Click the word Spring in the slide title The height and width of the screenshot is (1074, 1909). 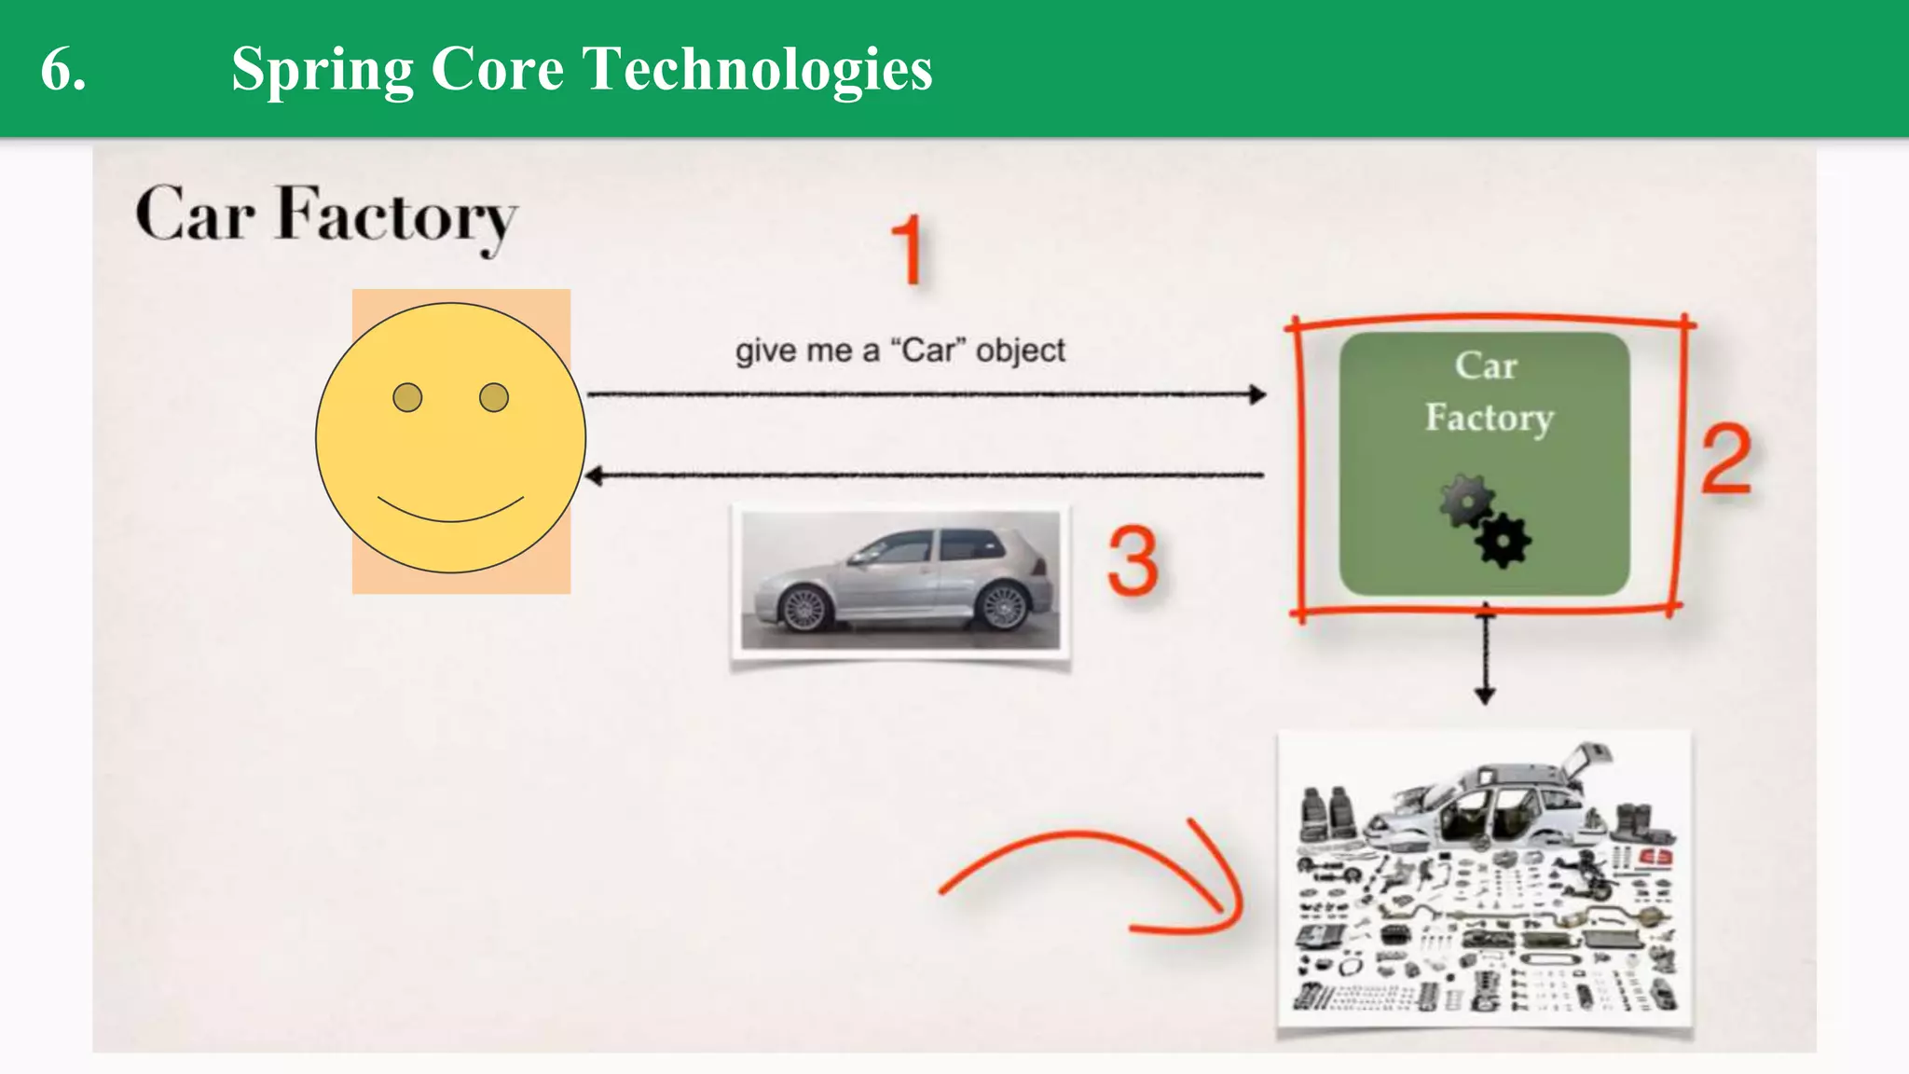coord(322,71)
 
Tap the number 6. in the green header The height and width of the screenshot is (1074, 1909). coord(63,71)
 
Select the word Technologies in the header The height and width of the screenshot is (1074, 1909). coord(757,71)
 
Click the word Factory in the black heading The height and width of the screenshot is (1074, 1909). coord(395,216)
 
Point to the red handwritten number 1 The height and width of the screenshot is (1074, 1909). coord(907,250)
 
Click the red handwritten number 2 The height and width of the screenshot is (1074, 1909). coord(1726,459)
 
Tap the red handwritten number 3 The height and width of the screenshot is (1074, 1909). coord(1133,561)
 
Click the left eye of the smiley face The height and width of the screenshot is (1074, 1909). coord(407,398)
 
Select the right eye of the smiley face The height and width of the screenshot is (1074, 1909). coord(494,398)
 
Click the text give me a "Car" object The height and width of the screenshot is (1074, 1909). coord(900,351)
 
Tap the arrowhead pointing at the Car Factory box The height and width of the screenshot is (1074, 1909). coord(1257,394)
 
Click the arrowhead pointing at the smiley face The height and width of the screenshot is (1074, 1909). coord(594,476)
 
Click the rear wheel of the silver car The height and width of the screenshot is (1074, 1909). coord(1003,605)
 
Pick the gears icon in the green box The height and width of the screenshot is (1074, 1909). coord(1485,522)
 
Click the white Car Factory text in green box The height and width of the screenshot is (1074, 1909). coord(1488,392)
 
